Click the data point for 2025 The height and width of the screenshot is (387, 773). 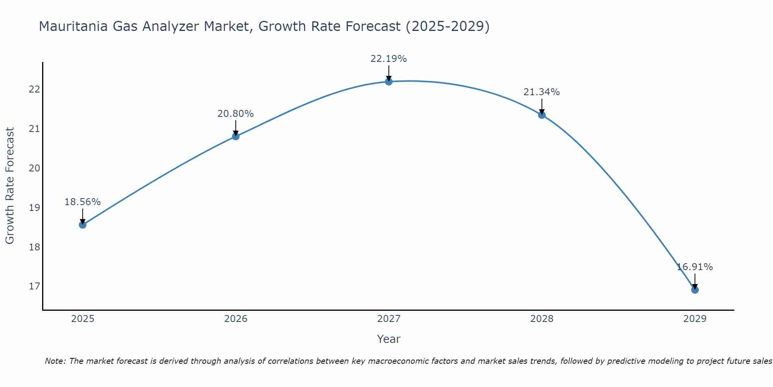point(83,225)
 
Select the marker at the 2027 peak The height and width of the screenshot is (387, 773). point(389,81)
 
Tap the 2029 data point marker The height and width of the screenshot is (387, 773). point(695,290)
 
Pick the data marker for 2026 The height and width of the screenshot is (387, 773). point(236,136)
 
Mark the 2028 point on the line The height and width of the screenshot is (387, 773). point(542,115)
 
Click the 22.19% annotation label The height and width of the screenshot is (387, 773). point(388,59)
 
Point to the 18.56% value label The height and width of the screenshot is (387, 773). point(82,202)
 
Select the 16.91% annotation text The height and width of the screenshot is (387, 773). point(695,267)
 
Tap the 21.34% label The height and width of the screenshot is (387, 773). point(541,92)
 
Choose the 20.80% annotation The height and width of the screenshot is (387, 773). point(235,114)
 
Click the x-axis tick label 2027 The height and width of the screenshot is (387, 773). point(389,319)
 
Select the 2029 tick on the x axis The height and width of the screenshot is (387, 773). point(695,319)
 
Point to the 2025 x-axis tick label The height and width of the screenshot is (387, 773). point(83,319)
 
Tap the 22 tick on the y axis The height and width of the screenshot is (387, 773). point(34,89)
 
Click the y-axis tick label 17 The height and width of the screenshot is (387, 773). point(34,286)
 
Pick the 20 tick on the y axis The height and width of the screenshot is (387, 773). point(34,168)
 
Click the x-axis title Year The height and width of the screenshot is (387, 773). point(388,339)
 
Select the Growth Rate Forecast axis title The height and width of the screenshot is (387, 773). point(10,186)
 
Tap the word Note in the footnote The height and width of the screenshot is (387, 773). point(55,361)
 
